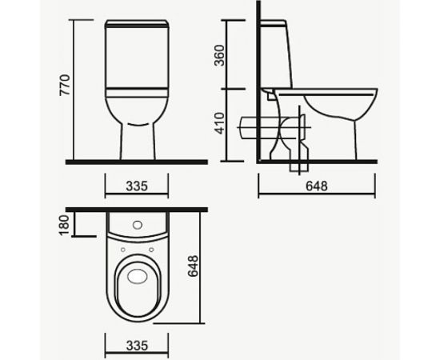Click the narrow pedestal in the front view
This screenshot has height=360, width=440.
coord(137,140)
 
